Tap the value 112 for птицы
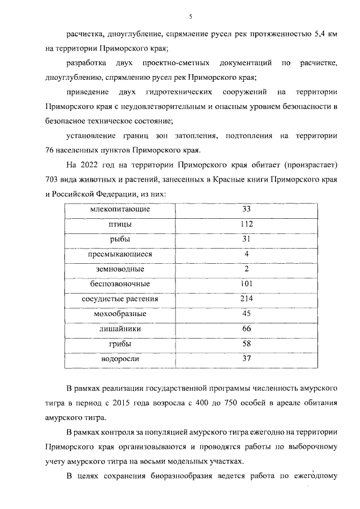tap(246, 224)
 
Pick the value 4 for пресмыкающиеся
tap(246, 254)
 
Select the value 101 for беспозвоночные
tap(246, 283)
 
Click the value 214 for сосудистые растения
tap(246, 299)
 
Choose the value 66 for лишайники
tap(246, 328)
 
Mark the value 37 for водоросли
tap(246, 358)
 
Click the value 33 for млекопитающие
tap(246, 209)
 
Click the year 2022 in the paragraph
tap(93, 165)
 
